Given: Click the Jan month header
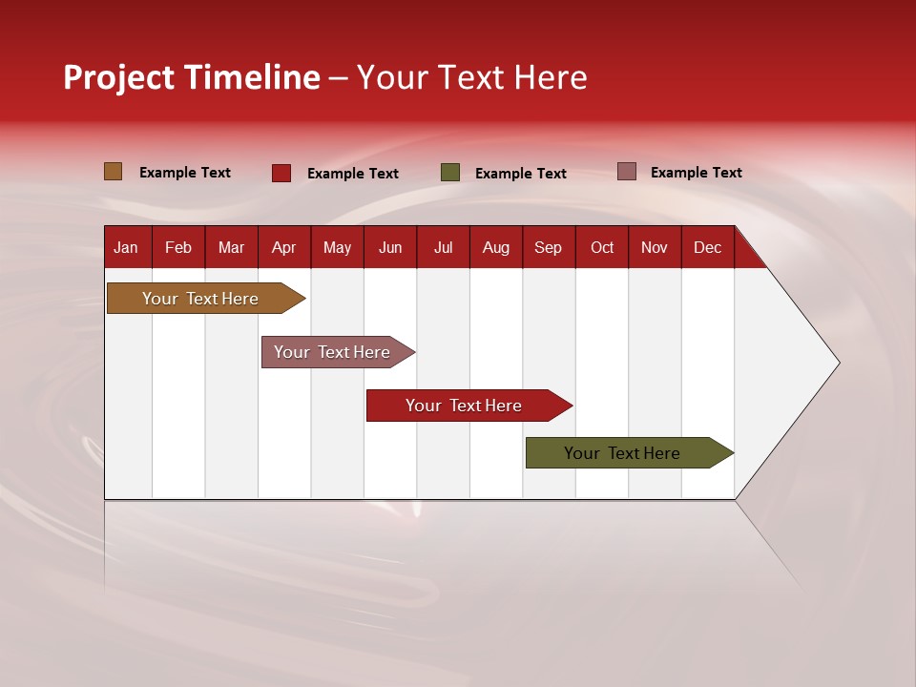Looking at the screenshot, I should tap(126, 247).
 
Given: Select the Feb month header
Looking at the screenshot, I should tap(178, 247).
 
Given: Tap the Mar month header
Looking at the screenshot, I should tap(231, 247).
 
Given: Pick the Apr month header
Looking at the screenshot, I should tap(284, 247).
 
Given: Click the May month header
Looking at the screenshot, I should tap(337, 247).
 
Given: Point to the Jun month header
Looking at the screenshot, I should tap(390, 247).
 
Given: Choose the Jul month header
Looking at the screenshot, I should tap(443, 247).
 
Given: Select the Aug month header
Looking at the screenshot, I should tap(496, 247).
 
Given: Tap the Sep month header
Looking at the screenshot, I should tap(549, 247).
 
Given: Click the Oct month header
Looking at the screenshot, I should tap(602, 247).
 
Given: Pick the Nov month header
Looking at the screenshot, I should tap(655, 247).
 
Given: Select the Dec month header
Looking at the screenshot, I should tap(708, 247).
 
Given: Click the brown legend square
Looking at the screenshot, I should tap(114, 172).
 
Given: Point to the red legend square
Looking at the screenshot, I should tap(281, 173).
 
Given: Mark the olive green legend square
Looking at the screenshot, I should tap(450, 173).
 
